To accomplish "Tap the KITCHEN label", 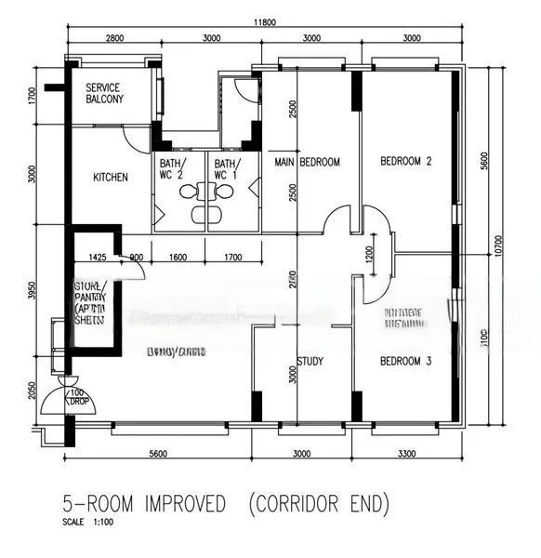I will click(x=111, y=178).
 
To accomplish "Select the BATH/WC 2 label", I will click(x=178, y=169).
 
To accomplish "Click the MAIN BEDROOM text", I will click(x=308, y=162).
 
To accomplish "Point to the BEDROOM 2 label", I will click(x=406, y=162).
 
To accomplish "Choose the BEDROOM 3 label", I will click(x=406, y=362).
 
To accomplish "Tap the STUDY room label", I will click(x=310, y=362).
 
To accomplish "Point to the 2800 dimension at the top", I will click(x=114, y=38).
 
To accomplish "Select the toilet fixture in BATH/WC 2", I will click(x=191, y=193).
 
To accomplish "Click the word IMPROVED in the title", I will click(x=179, y=505).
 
